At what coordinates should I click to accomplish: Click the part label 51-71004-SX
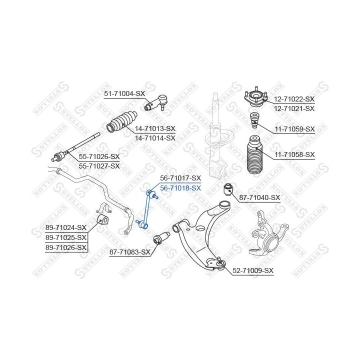click(124, 93)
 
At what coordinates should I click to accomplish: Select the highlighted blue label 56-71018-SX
click(180, 188)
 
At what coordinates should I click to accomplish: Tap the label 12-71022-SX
click(294, 99)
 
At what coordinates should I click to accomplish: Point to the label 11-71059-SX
click(294, 129)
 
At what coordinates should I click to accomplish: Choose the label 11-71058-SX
click(294, 155)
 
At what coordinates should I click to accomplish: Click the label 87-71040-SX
click(259, 198)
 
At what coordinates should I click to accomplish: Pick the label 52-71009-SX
click(253, 270)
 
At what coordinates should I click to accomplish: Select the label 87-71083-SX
click(129, 252)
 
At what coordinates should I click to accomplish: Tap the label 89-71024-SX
click(66, 227)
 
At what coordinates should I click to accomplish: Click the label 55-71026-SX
click(100, 156)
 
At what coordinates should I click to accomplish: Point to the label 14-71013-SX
click(155, 128)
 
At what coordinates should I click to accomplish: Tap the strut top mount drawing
click(255, 98)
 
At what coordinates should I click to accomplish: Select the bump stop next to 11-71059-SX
click(254, 120)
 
